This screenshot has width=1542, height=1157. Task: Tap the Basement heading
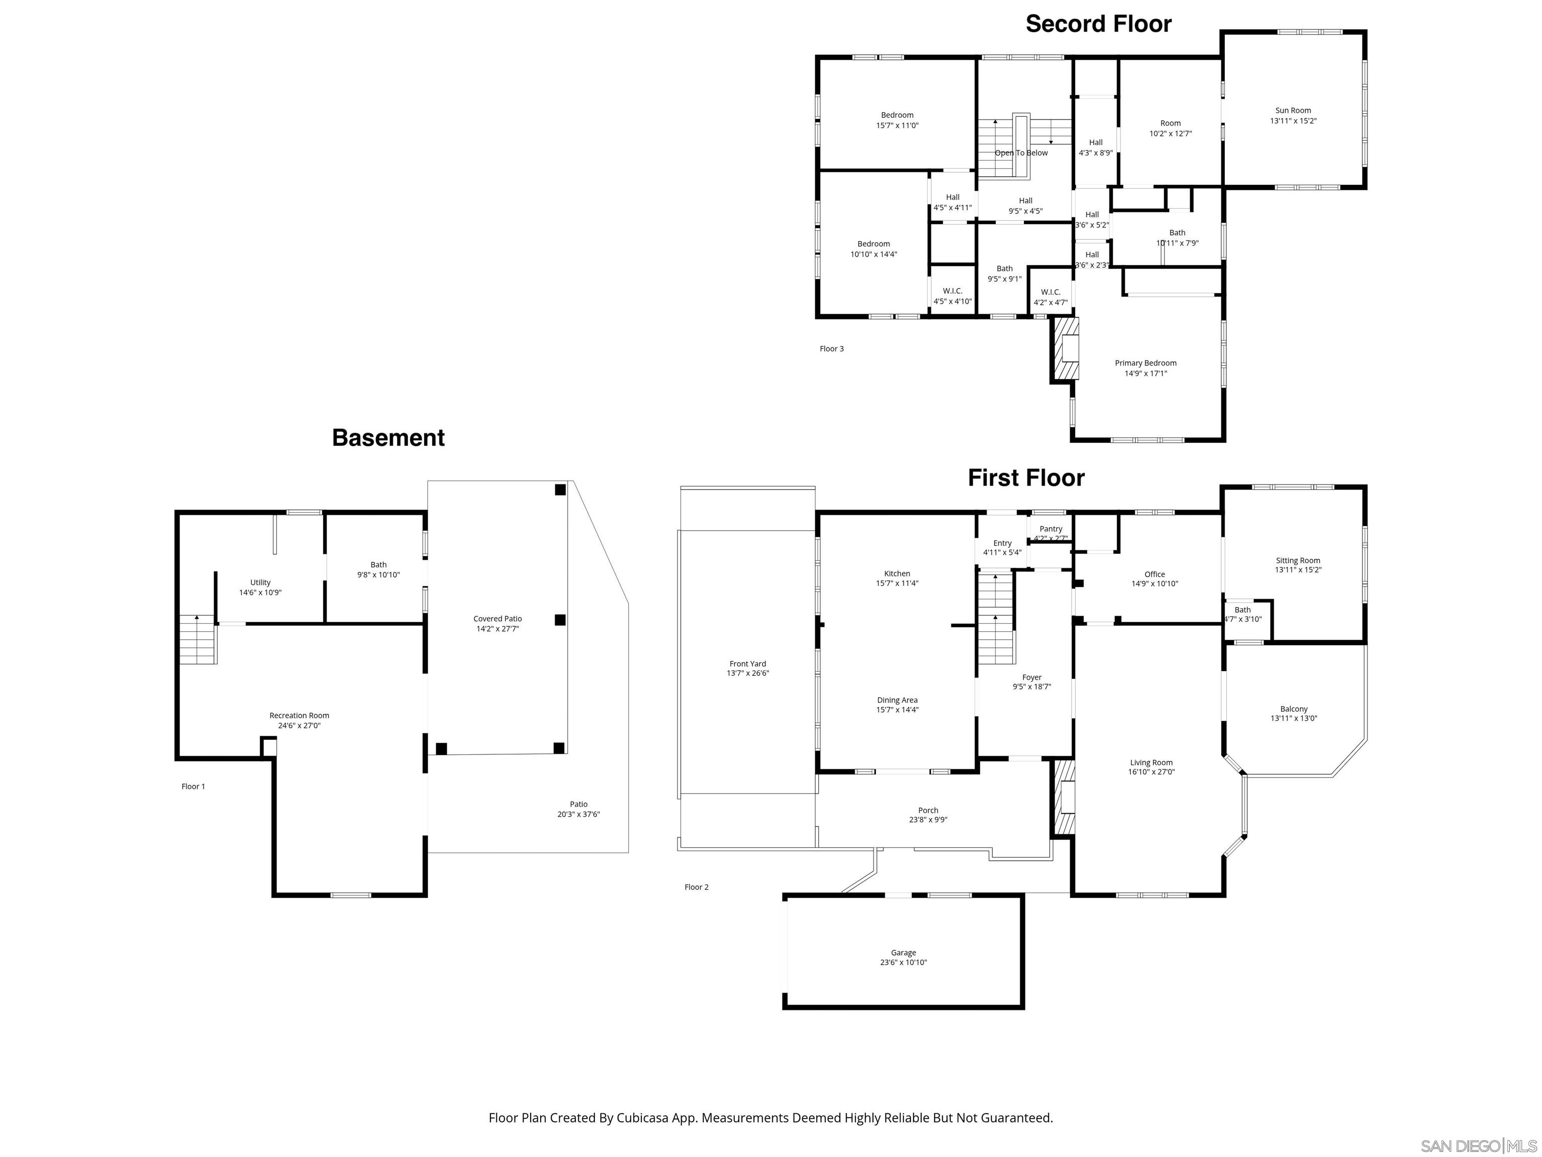389,437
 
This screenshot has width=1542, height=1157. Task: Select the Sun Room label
1293,110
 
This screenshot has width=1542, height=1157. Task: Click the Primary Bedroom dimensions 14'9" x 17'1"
1145,373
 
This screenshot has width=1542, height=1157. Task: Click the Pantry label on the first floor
1051,529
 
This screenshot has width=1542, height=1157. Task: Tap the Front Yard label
747,663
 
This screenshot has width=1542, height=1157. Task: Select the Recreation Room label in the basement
299,715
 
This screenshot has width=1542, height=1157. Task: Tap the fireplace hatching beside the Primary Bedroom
1065,349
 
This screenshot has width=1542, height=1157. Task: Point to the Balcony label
1294,709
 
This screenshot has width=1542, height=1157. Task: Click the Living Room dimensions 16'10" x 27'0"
1151,772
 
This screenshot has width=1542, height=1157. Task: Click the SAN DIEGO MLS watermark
1478,1146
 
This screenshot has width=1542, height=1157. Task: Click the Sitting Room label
1298,560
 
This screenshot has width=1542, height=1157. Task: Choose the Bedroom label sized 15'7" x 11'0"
896,115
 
